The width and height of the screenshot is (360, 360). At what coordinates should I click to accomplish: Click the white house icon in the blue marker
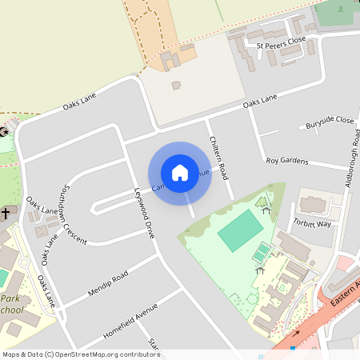point(180,172)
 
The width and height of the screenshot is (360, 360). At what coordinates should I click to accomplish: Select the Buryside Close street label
point(330,122)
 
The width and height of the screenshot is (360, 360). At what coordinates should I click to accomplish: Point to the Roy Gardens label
point(286,161)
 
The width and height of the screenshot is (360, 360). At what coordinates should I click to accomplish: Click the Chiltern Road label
point(218,157)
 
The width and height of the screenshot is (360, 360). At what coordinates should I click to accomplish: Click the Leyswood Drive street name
point(144,213)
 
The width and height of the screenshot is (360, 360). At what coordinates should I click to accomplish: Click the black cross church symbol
point(5,214)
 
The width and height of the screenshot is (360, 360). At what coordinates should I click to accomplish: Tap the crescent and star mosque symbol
point(4,131)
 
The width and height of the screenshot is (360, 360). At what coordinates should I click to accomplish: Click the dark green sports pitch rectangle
point(240,233)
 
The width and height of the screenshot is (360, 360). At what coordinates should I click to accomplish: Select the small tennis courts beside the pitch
point(262,253)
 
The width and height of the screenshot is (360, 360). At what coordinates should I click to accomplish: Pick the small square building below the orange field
point(176,85)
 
